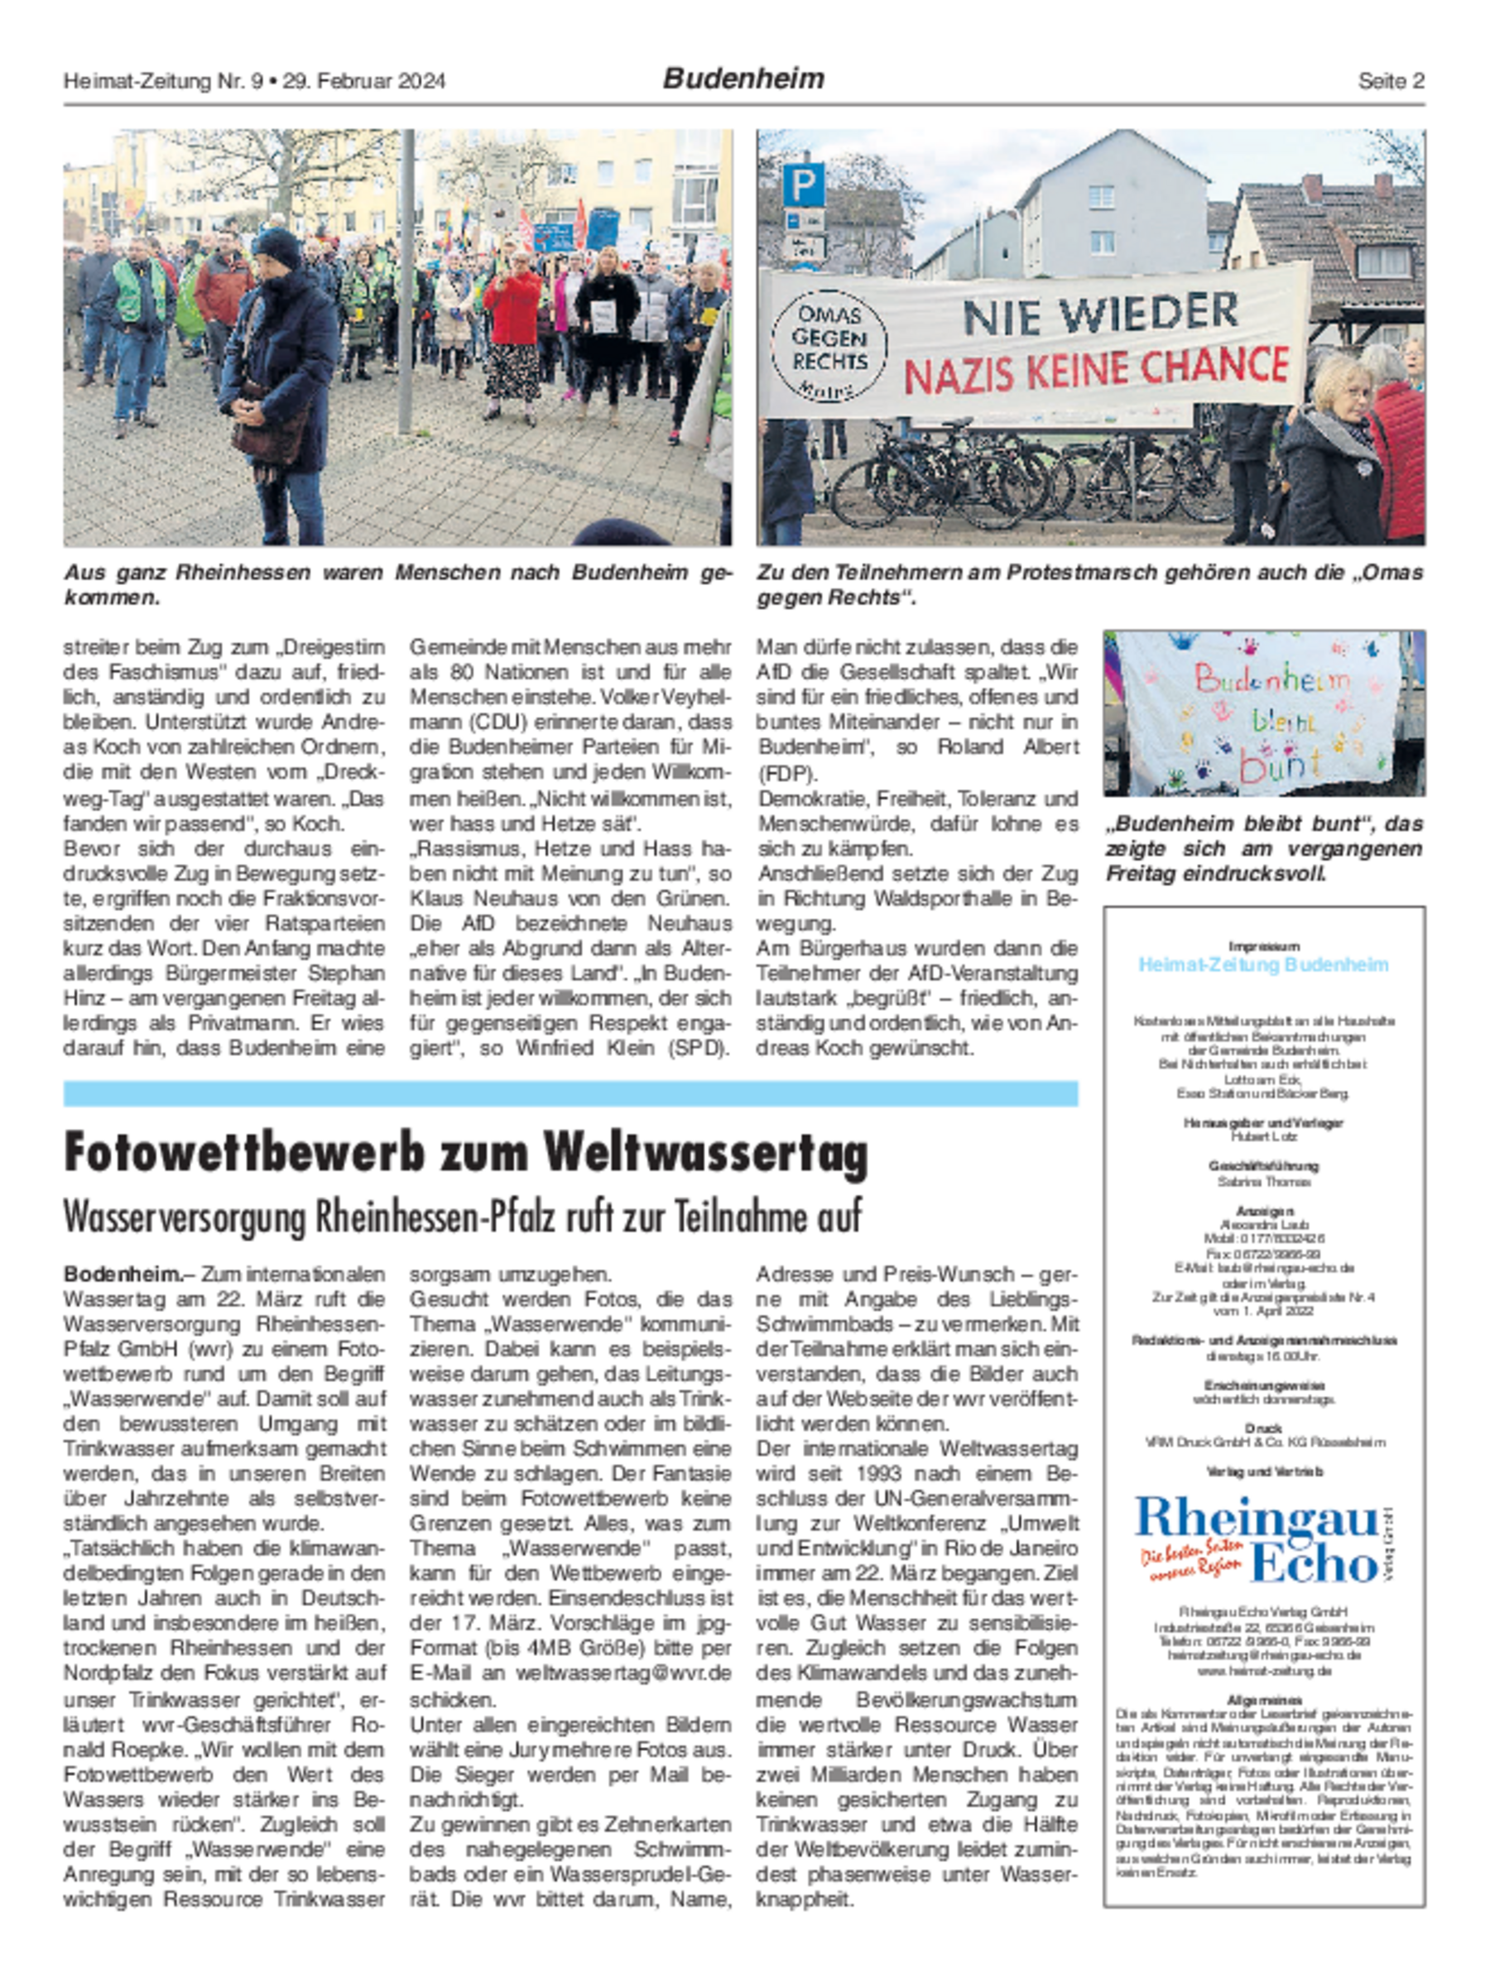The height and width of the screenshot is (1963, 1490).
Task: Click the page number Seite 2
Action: (1390, 81)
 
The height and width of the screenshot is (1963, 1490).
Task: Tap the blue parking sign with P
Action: (803, 184)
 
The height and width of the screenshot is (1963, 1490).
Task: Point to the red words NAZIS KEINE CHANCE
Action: (1097, 369)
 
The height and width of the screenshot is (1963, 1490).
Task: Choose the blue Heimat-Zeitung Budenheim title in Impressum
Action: (1263, 965)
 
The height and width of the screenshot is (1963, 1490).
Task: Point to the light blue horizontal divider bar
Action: (570, 1093)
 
